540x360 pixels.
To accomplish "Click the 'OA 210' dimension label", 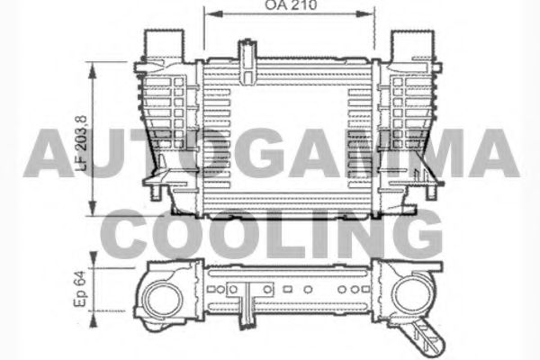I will point(289,6).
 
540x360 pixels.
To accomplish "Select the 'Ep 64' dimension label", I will point(80,290).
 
